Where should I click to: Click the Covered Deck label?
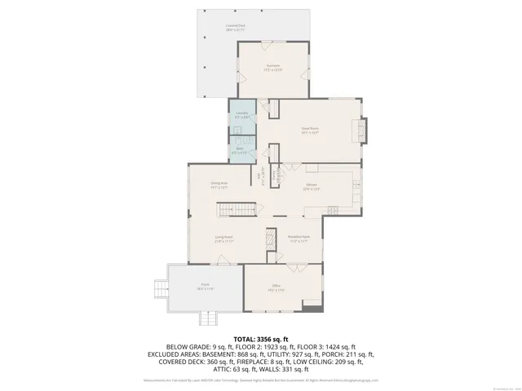(x=236, y=28)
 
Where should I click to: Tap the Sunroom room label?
(x=272, y=68)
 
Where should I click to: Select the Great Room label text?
(x=309, y=130)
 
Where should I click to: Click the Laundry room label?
(x=242, y=115)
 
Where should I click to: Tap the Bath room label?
(x=242, y=150)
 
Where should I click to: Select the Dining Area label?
(x=219, y=186)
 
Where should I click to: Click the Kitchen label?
(x=311, y=187)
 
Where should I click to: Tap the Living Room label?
(x=223, y=240)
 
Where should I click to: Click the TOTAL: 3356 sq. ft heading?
(x=261, y=338)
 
